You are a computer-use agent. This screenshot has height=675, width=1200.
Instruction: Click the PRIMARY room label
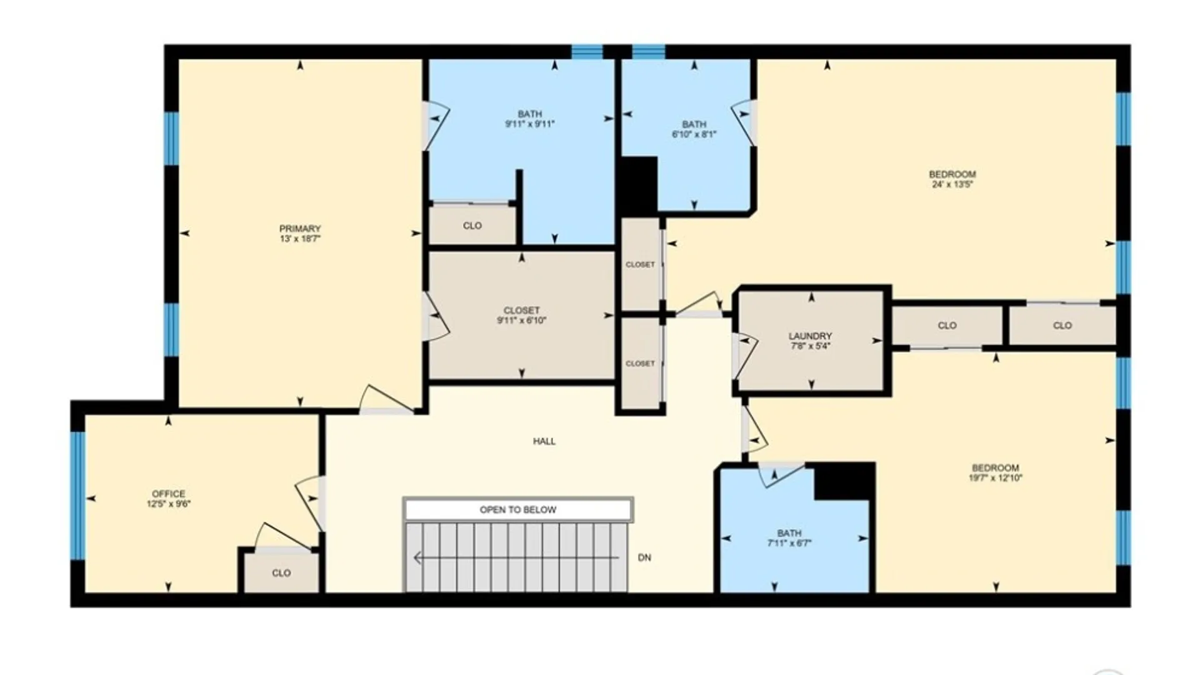[x=300, y=229]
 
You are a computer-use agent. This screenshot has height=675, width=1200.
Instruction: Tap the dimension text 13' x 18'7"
[x=300, y=239]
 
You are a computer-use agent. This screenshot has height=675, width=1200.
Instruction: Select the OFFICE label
[x=169, y=494]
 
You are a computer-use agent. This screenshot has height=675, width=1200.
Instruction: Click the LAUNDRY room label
[x=810, y=336]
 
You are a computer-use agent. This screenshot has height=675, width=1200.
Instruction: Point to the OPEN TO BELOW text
[x=517, y=510]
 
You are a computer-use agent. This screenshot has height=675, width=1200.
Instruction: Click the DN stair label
[x=644, y=557]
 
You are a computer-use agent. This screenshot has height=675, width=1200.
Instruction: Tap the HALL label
[x=544, y=441]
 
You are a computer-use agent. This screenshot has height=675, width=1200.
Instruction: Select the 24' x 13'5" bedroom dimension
[x=952, y=184]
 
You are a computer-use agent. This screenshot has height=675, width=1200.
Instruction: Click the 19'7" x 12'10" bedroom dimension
[x=995, y=478]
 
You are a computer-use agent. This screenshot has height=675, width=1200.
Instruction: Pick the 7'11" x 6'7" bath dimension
[x=789, y=543]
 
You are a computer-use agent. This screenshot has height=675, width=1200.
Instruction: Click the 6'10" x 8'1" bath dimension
[x=694, y=134]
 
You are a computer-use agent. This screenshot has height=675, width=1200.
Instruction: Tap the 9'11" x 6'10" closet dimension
[x=521, y=321]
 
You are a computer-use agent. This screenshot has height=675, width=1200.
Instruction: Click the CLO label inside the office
[x=281, y=573]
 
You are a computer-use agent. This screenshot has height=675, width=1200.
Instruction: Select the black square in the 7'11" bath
[x=844, y=482]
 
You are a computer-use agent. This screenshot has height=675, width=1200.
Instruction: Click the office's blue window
[x=77, y=495]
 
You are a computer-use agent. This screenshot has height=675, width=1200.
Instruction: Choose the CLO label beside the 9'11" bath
[x=472, y=226]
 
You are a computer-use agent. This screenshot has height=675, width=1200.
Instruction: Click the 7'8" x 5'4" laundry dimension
[x=810, y=346]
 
